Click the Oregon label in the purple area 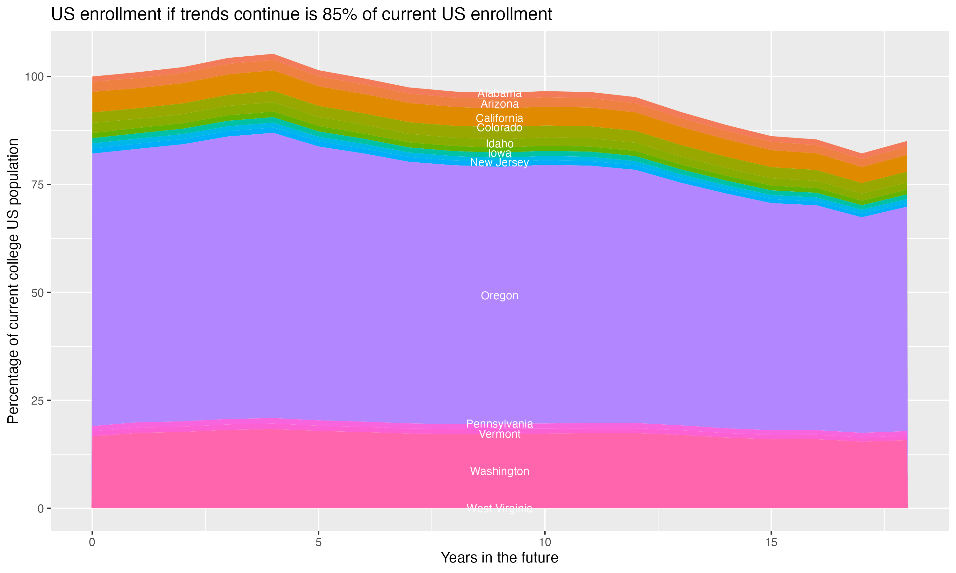[499, 296]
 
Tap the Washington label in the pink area [499, 471]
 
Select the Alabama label [499, 93]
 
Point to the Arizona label [499, 104]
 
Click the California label [499, 118]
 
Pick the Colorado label [499, 127]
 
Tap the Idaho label [499, 144]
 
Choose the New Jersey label [499, 163]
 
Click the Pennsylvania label [499, 424]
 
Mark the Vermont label [499, 435]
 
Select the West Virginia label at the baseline [499, 508]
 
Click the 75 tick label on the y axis [37, 185]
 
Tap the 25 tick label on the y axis [37, 401]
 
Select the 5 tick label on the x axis [318, 542]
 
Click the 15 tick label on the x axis [771, 542]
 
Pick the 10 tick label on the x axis [545, 542]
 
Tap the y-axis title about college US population [13, 281]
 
